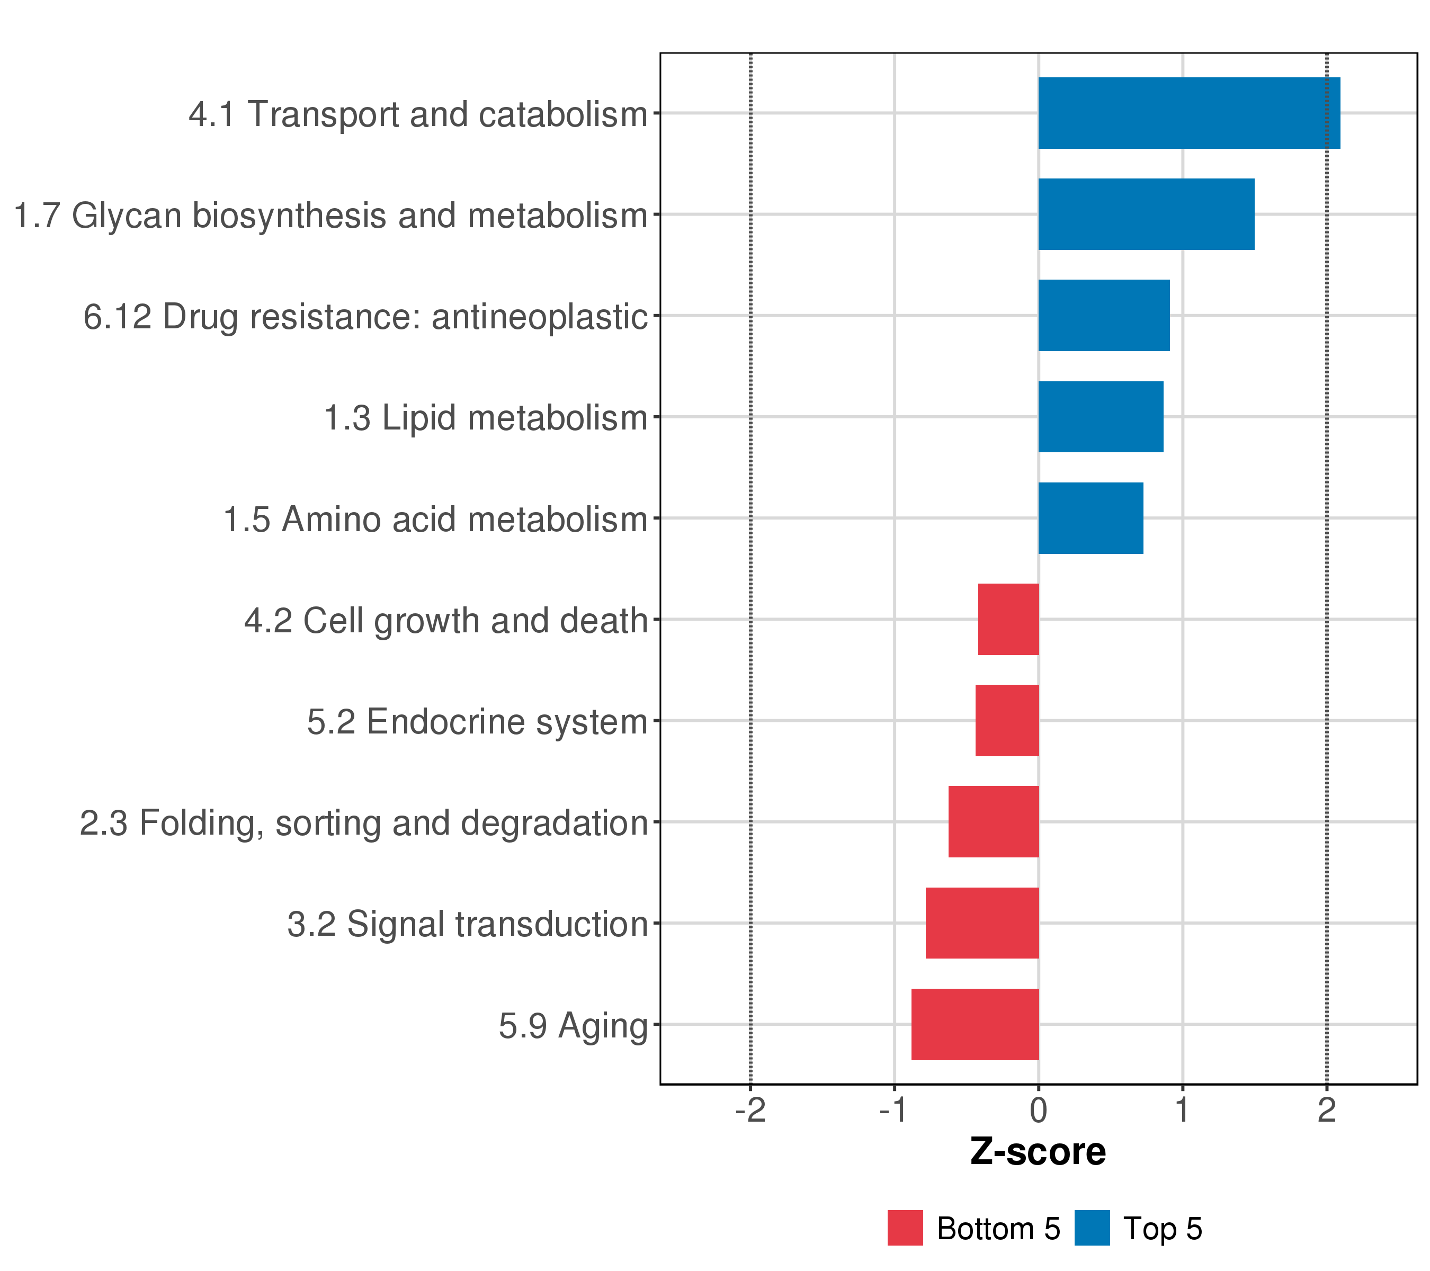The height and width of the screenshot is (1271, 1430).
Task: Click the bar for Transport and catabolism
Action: coord(1188,113)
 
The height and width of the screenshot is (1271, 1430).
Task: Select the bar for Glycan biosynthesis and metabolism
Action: coord(1146,214)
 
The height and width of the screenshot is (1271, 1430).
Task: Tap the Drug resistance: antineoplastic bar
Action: coord(1103,316)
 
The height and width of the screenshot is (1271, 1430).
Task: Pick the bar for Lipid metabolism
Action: coord(1101,417)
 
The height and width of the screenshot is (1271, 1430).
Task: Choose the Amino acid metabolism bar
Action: coord(1090,518)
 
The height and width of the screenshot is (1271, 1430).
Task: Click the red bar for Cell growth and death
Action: coord(1008,619)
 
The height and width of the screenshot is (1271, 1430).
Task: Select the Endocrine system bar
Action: coord(1007,720)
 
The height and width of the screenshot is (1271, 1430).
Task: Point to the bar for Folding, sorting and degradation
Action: coord(994,822)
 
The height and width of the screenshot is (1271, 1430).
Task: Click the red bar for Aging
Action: coord(975,1024)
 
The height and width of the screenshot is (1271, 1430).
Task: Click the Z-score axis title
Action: coord(1038,1152)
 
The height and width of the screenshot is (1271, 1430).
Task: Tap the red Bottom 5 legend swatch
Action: coord(905,1228)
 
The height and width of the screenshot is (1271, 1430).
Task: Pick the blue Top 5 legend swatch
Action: coord(1092,1228)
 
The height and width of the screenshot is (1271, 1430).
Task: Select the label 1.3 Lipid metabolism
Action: coord(486,418)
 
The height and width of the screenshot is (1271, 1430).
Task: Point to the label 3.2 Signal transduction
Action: coord(467,924)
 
